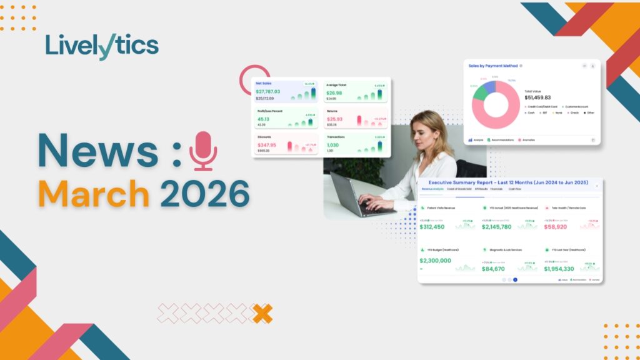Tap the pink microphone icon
point(203,151)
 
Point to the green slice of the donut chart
point(480,92)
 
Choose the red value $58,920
point(559,227)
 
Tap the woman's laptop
point(356,194)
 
